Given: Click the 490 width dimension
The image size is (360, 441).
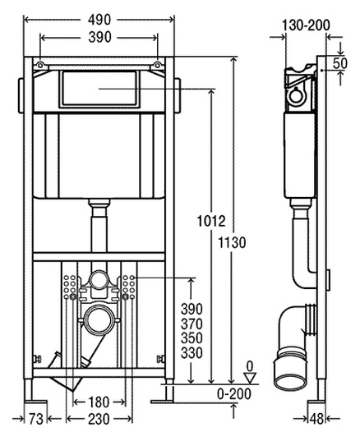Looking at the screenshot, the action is (x=99, y=20).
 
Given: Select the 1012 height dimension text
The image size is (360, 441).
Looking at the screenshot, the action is (x=211, y=221).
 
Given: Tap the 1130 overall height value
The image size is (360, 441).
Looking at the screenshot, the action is (x=233, y=242).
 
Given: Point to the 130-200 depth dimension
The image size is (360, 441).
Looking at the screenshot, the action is (x=306, y=25).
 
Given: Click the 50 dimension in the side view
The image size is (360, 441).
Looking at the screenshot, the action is (x=340, y=63).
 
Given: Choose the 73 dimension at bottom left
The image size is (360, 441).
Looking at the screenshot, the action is (x=36, y=420).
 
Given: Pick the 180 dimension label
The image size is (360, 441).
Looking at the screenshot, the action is (x=99, y=402).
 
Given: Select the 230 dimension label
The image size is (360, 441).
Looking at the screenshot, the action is (x=99, y=420).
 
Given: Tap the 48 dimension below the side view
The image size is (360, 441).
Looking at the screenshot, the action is (x=317, y=420).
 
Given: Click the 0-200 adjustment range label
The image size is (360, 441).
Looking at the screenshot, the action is (x=234, y=394).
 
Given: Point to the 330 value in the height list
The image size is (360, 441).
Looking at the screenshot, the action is (x=192, y=352).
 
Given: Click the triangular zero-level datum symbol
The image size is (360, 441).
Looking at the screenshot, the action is (x=250, y=378).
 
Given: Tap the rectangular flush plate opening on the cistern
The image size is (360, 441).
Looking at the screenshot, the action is (x=99, y=89).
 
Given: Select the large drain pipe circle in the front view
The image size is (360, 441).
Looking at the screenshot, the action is (x=99, y=319).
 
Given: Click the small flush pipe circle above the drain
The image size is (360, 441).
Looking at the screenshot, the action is (x=99, y=280).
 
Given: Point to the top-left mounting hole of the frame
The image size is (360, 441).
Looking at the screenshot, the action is (x=40, y=65).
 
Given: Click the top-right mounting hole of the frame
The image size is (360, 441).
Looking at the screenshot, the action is (x=158, y=65).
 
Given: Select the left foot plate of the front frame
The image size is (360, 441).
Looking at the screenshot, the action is (x=35, y=402).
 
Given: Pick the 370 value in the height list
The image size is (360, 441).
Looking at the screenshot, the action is (x=192, y=324).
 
